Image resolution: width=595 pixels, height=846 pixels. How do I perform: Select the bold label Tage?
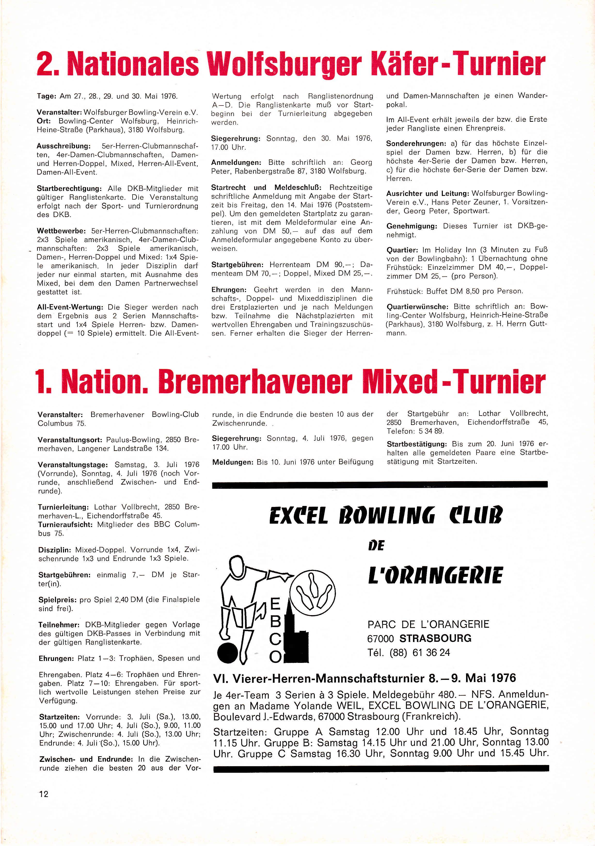click(x=46, y=97)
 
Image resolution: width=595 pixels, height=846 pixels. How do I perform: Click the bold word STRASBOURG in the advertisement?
click(x=435, y=638)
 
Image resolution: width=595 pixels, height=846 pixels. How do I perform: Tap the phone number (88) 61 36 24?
click(x=420, y=652)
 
